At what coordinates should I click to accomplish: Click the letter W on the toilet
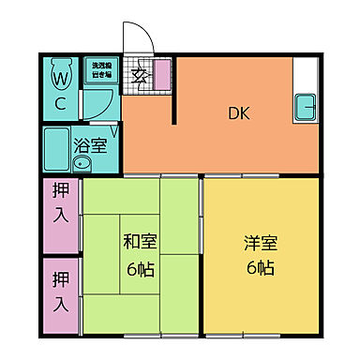58,75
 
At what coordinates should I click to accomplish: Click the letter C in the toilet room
58,103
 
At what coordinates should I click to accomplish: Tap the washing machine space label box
100,69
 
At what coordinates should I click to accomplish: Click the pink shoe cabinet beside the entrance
160,72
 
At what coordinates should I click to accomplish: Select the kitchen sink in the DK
307,107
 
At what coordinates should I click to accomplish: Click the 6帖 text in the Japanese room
141,269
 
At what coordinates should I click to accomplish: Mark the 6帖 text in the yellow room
260,269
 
